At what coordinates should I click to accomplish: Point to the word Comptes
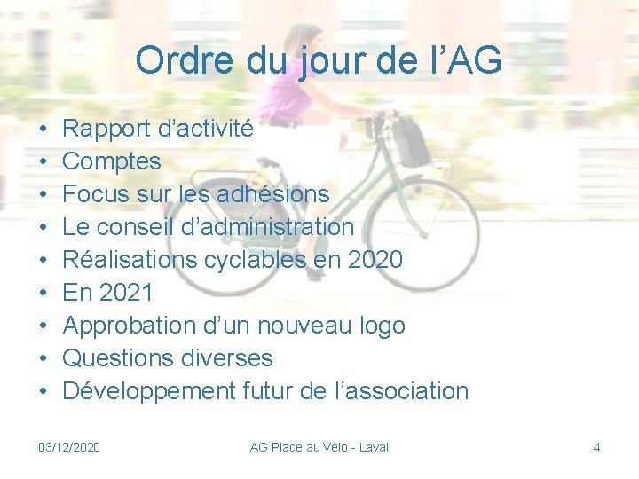tap(112, 161)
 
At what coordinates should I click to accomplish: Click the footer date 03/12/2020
tap(70, 447)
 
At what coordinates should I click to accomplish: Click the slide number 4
tap(596, 447)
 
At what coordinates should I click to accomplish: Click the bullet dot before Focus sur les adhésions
tap(43, 194)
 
